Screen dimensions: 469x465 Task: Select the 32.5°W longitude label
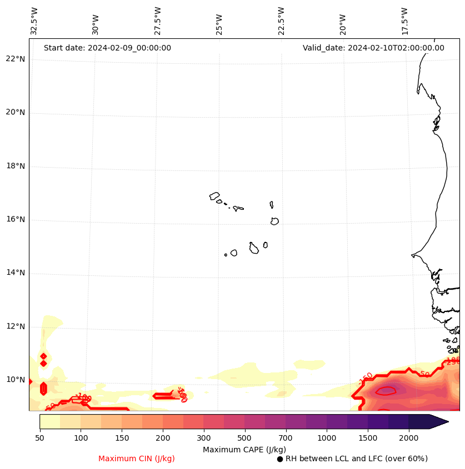click(x=34, y=21)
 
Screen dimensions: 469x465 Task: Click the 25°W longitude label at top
click(x=219, y=24)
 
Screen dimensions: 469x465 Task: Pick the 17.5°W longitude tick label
click(x=405, y=21)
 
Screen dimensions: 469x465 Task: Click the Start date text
click(x=107, y=48)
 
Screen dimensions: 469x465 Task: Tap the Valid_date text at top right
click(x=373, y=48)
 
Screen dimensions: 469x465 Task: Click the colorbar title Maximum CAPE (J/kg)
click(x=244, y=450)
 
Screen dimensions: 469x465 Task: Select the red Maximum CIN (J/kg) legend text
click(x=137, y=459)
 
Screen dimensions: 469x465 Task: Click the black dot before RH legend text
click(x=280, y=459)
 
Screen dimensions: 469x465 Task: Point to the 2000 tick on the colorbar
click(x=409, y=438)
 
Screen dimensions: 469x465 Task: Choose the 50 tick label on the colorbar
click(x=39, y=438)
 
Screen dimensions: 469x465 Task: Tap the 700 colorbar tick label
click(x=285, y=438)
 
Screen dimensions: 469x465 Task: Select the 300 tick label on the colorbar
click(x=203, y=438)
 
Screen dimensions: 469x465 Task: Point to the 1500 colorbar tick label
click(x=368, y=438)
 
